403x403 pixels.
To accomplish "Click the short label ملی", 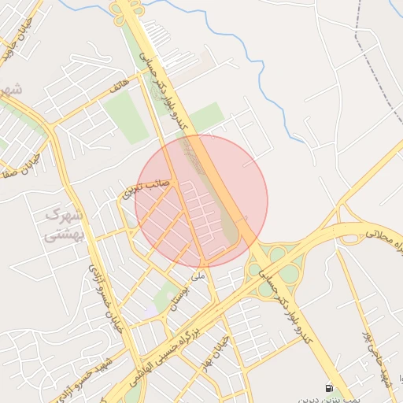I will pyautogui.click(x=198, y=277).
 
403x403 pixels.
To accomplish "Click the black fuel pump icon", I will pyautogui.click(x=328, y=388).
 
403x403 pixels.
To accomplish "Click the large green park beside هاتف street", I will pyautogui.click(x=126, y=117).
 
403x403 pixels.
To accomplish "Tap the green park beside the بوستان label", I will pyautogui.click(x=165, y=297).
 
